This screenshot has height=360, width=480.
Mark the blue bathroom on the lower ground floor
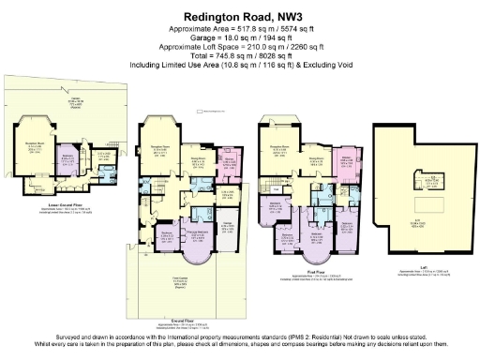pos(112,174)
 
